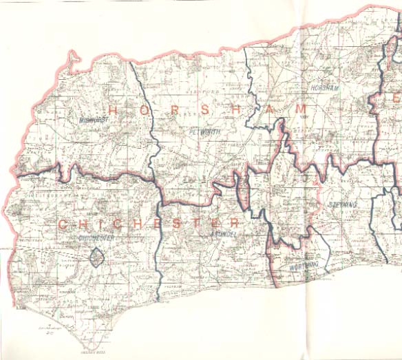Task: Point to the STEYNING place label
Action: pyautogui.click(x=341, y=205)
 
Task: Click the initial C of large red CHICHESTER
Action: pyautogui.click(x=62, y=224)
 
